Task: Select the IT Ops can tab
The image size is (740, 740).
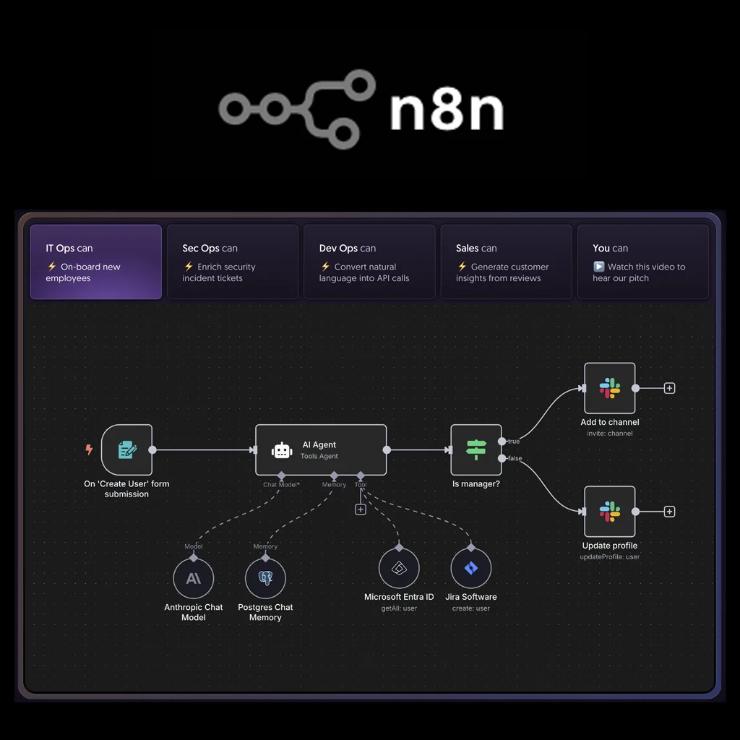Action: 96,262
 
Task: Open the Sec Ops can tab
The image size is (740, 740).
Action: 233,262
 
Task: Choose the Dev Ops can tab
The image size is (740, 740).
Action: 369,262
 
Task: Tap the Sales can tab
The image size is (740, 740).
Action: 506,262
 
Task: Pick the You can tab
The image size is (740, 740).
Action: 642,262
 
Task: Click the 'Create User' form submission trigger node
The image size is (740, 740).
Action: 126,449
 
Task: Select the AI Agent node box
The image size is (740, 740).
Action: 321,449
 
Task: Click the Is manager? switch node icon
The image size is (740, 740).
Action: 476,449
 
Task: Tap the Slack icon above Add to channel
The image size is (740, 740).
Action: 609,388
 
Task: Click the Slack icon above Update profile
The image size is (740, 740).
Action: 609,512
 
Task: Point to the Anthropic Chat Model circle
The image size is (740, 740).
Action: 194,578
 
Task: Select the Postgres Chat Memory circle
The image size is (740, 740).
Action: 265,578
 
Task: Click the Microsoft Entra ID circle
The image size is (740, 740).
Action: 399,568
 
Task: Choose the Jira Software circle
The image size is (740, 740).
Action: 471,568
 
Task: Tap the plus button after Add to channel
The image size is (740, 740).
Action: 669,388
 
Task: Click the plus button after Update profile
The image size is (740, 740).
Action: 669,512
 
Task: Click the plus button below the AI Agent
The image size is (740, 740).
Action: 361,509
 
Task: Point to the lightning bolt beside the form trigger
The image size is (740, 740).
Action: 89,449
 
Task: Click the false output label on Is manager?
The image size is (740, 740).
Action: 515,459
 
